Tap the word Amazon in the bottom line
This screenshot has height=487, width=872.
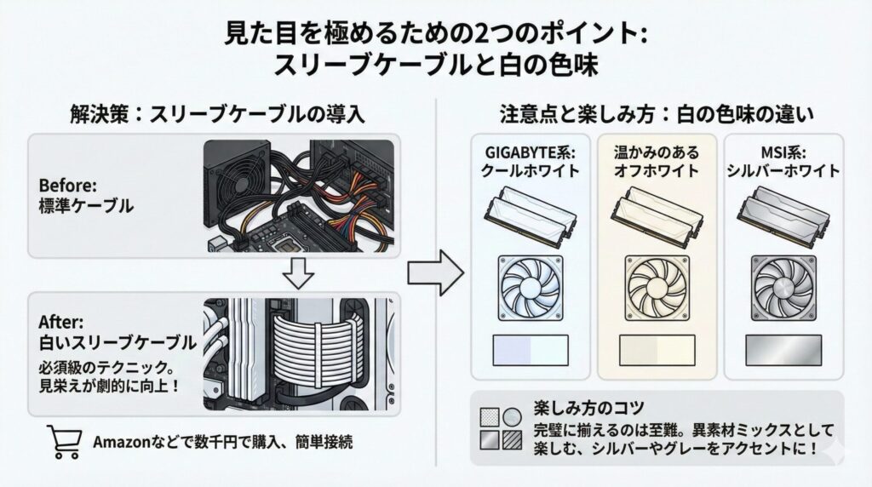point(116,443)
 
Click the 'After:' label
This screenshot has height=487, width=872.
point(58,323)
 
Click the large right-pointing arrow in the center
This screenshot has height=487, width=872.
point(435,273)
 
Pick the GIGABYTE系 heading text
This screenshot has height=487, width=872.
point(531,153)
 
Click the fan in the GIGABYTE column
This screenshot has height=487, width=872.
point(532,289)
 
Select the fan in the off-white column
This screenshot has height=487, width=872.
point(656,289)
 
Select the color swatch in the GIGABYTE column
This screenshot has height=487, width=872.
point(531,350)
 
